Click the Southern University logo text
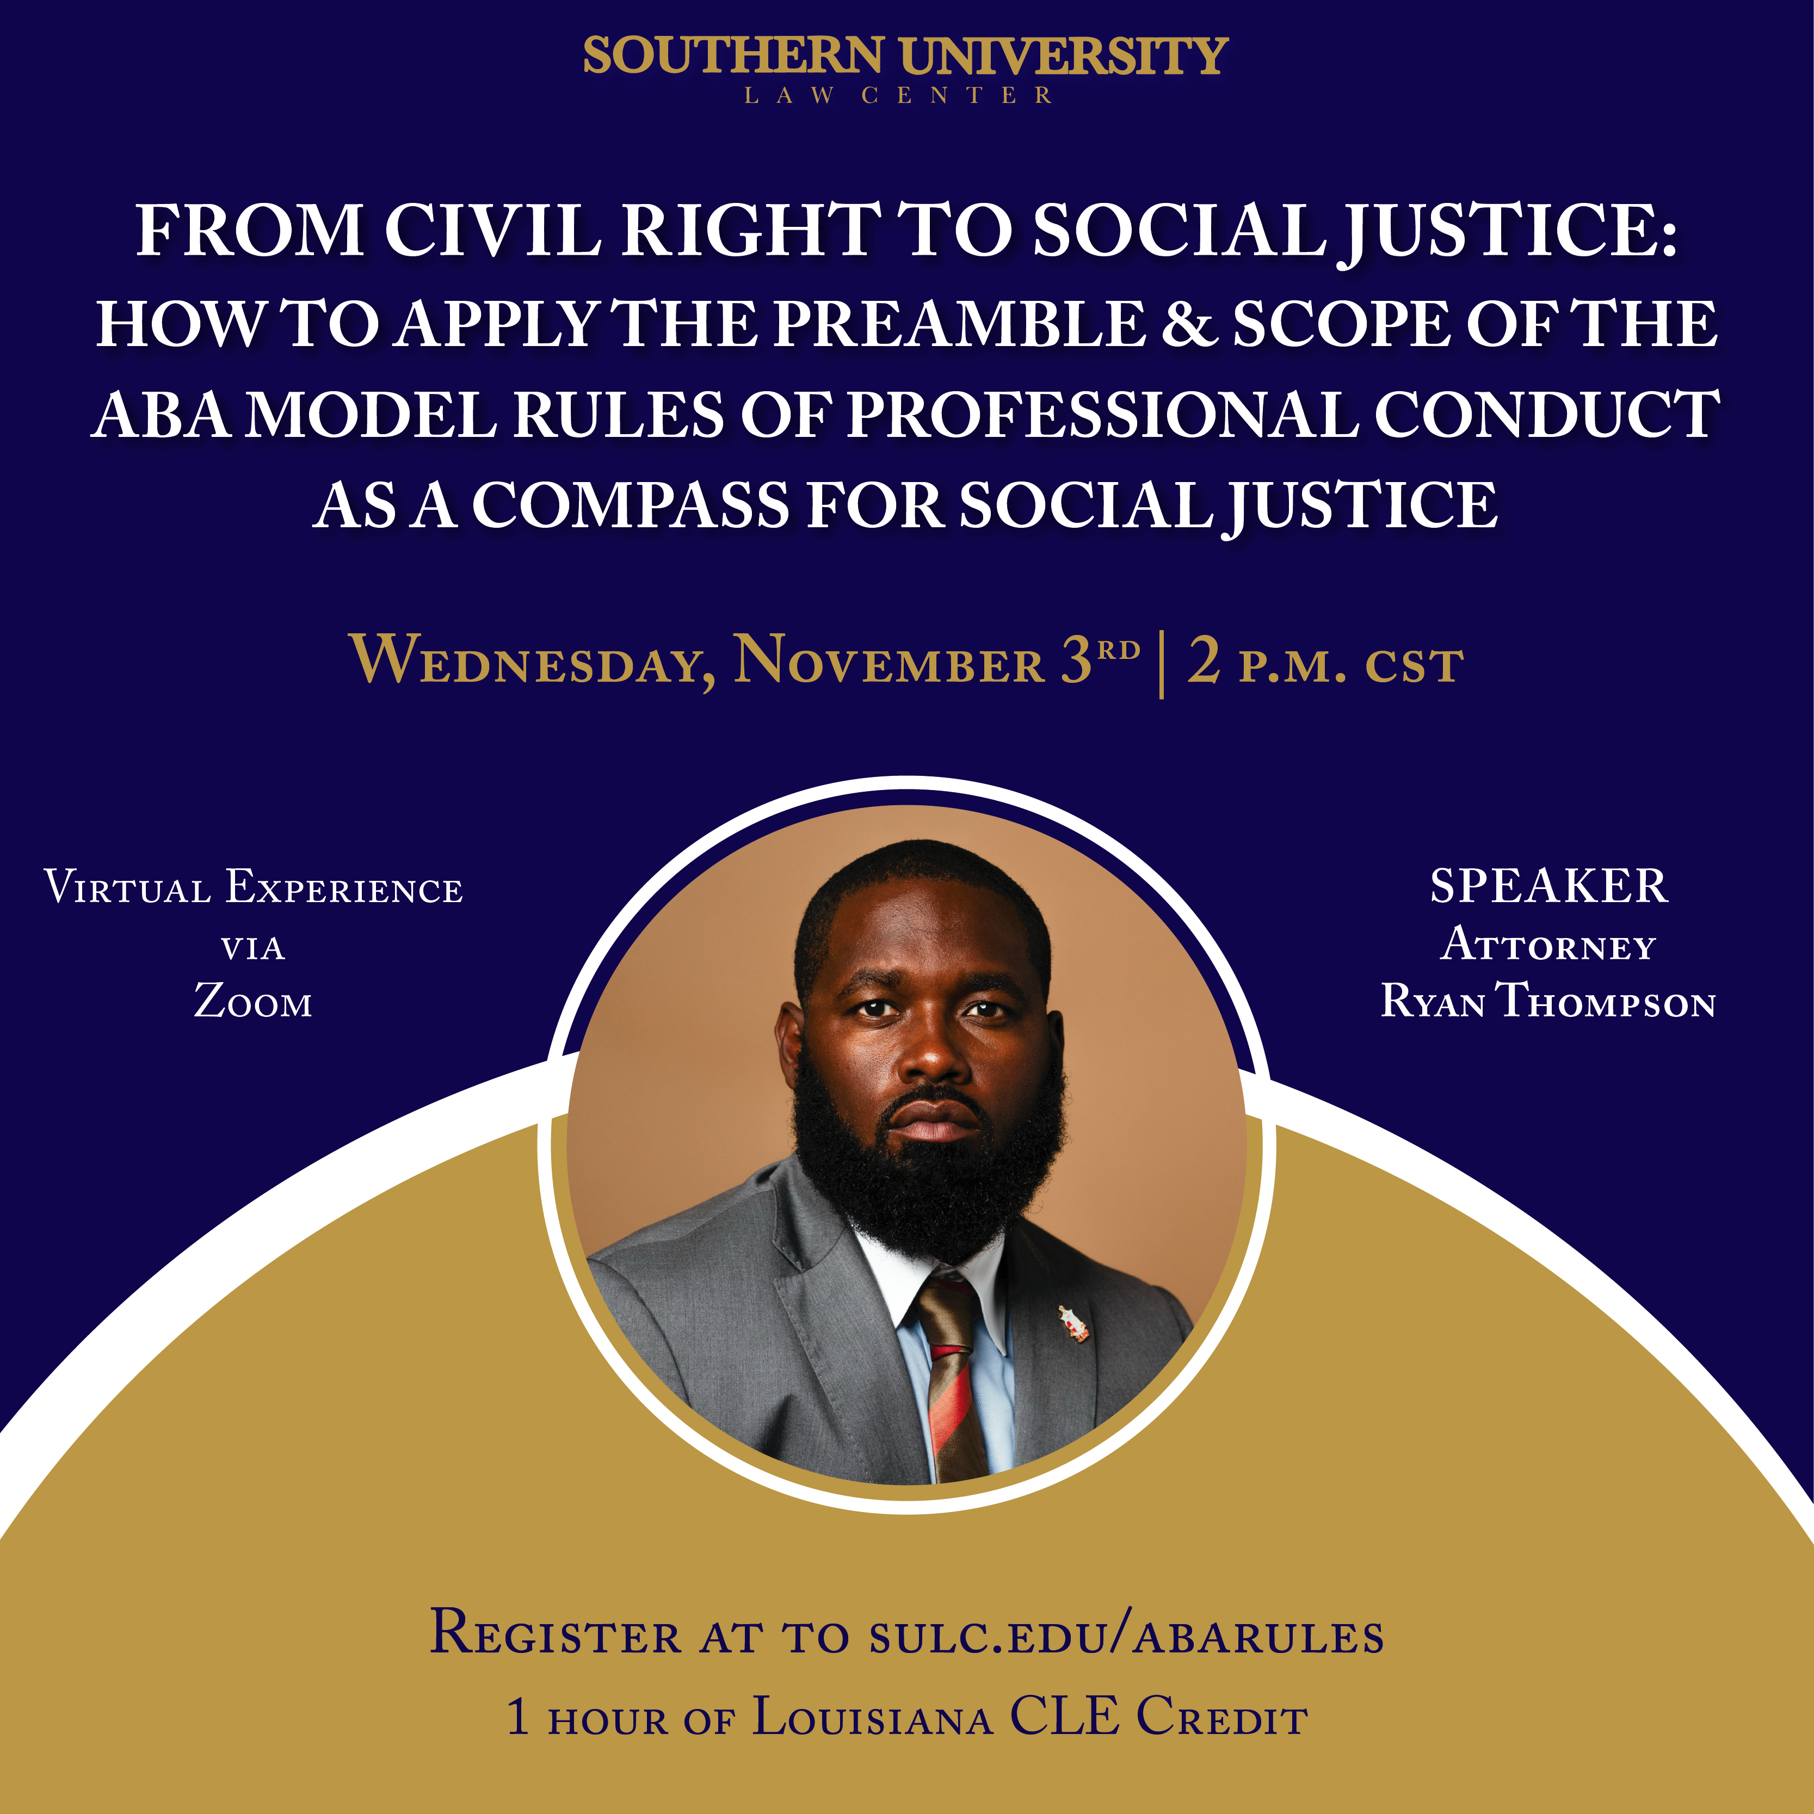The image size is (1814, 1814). [906, 57]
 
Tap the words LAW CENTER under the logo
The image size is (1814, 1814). [898, 96]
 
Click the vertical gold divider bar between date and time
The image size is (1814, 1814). [1162, 665]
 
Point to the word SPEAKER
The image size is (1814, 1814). [1548, 886]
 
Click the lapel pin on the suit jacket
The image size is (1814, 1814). [1073, 1324]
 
